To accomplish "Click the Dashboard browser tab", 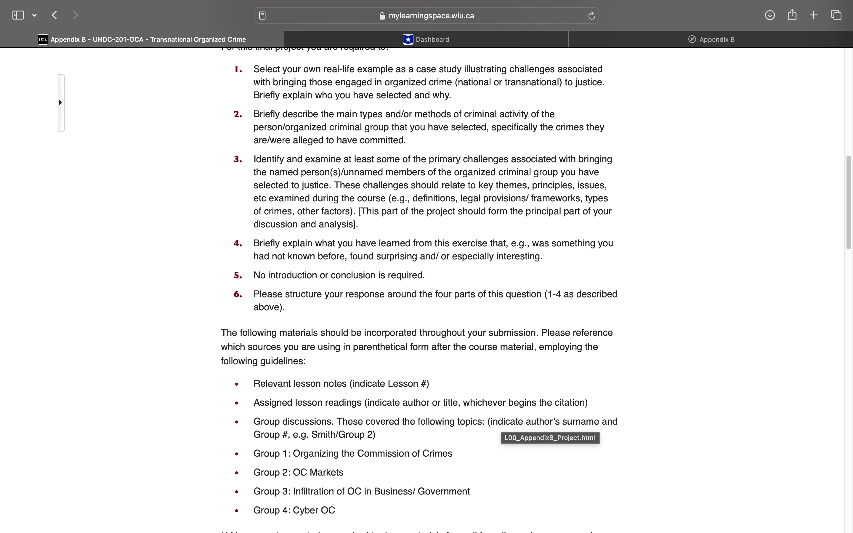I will click(x=426, y=39).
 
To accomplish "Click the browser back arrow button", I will click(x=54, y=15).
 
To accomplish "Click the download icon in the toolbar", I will click(x=769, y=15).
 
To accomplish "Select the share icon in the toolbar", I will click(x=792, y=15).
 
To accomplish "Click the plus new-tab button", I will click(x=814, y=15).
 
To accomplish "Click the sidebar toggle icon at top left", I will click(x=18, y=15).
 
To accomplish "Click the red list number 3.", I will click(x=238, y=159).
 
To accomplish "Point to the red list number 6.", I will click(x=238, y=294).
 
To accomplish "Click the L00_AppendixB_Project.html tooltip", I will click(x=549, y=438).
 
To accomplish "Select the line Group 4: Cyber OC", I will click(x=294, y=510).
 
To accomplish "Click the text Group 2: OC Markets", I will click(x=298, y=472).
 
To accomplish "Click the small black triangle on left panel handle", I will click(x=60, y=102).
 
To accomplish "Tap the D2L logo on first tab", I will click(x=43, y=39).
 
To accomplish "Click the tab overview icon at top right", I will click(x=836, y=15).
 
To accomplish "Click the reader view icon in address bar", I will click(x=262, y=15).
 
